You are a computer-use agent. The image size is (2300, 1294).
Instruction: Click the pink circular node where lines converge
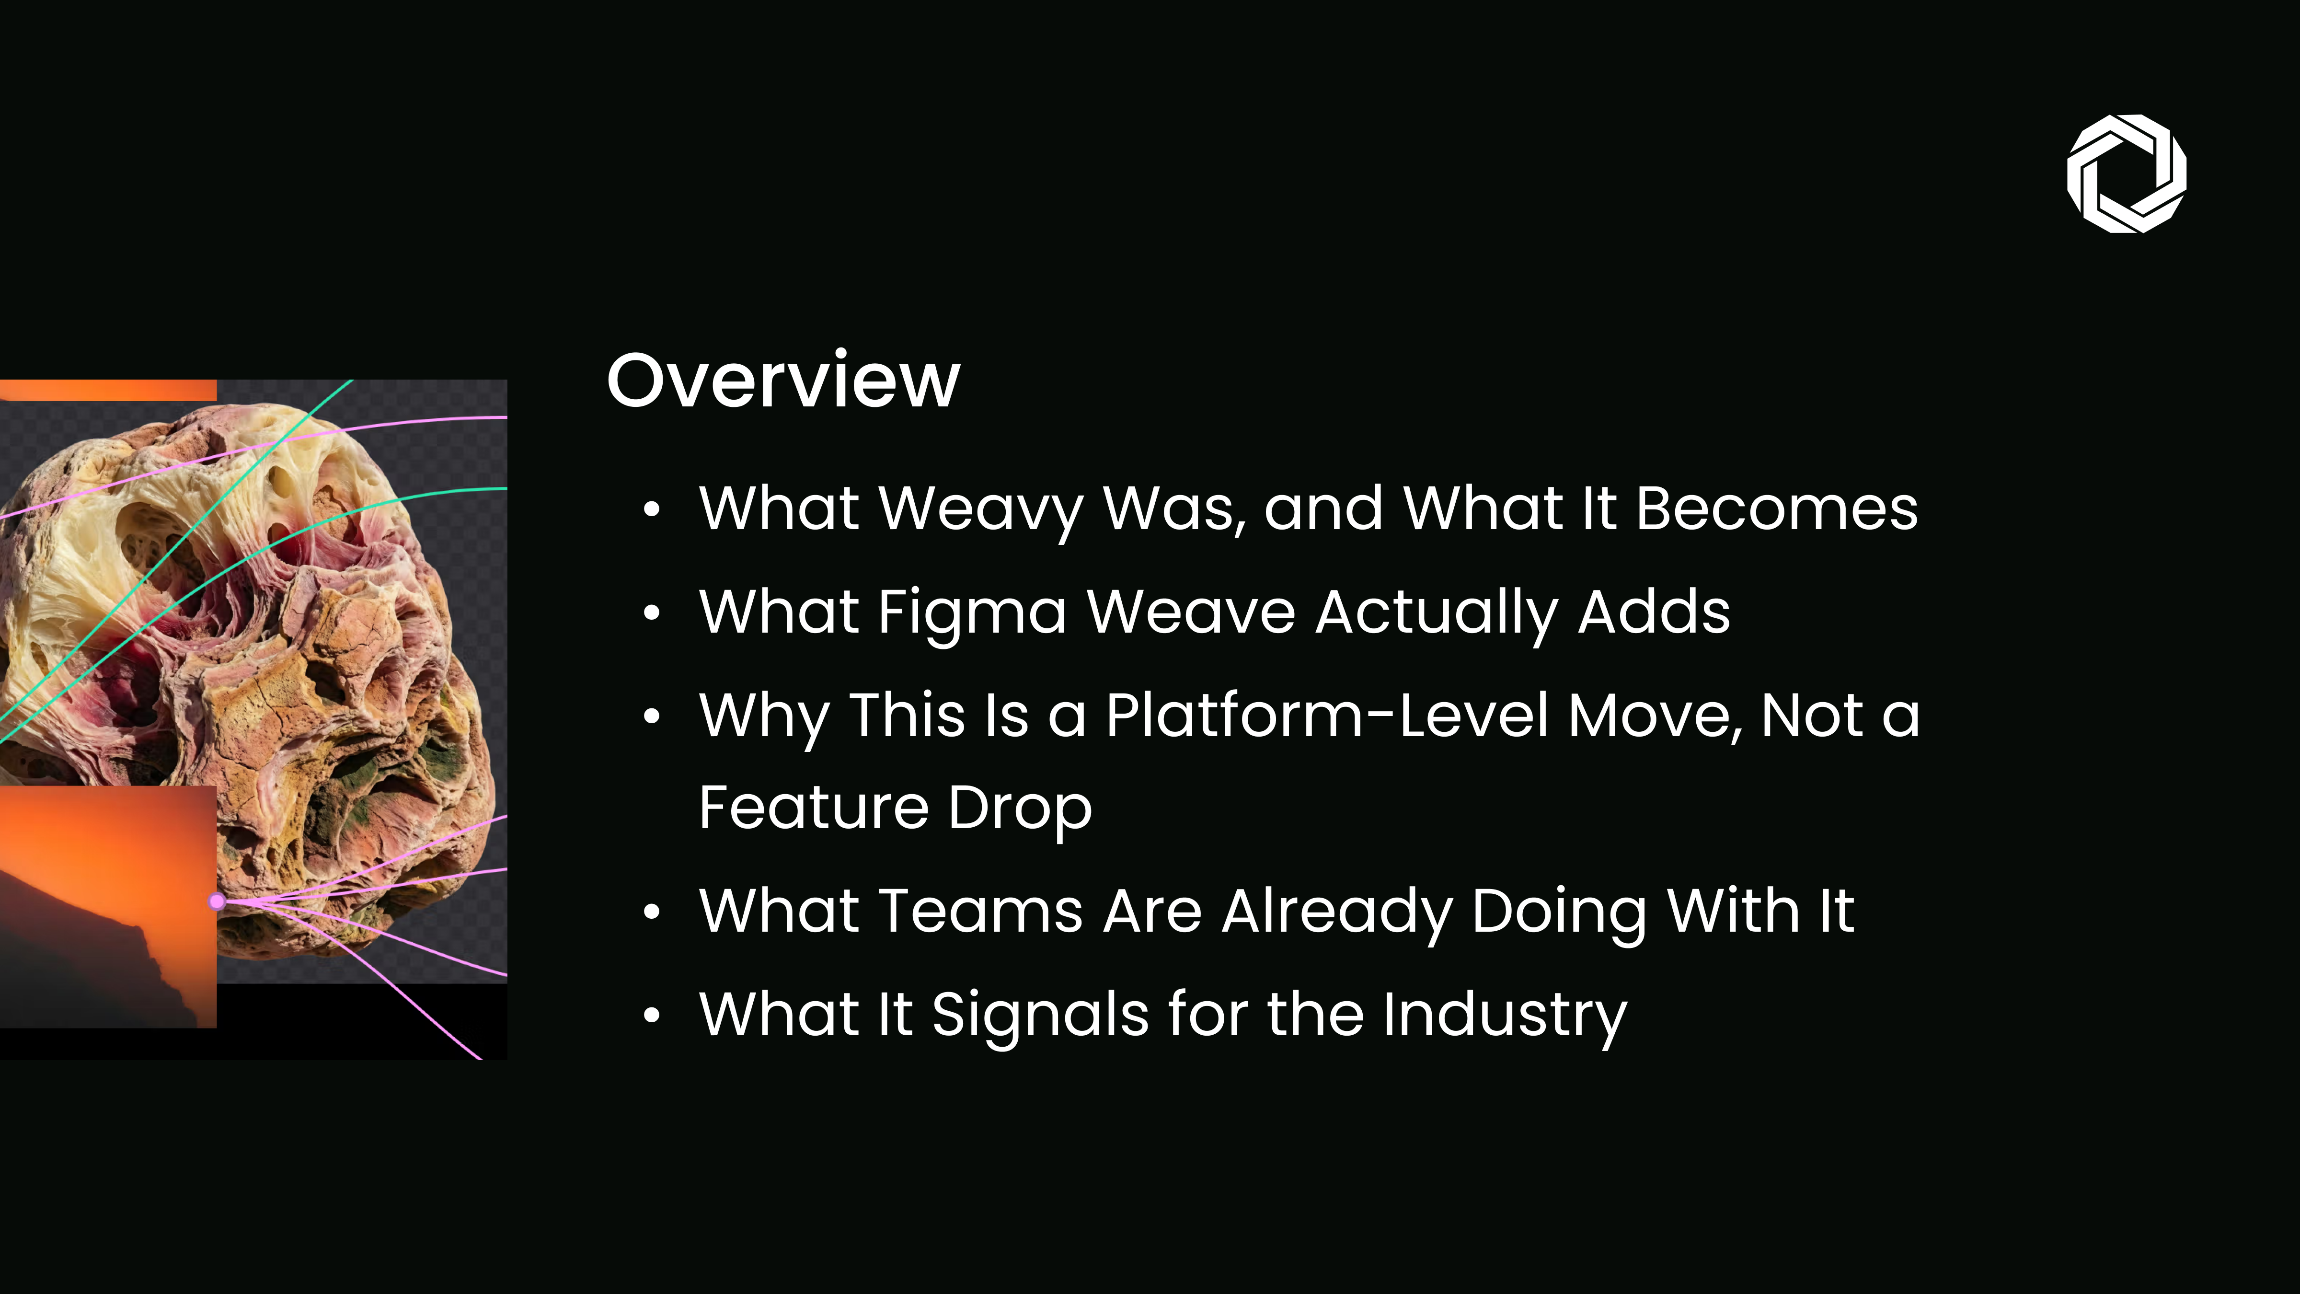click(217, 902)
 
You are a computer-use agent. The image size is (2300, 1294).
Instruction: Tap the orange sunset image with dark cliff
click(108, 906)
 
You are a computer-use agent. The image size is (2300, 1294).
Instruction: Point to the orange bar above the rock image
click(108, 390)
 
